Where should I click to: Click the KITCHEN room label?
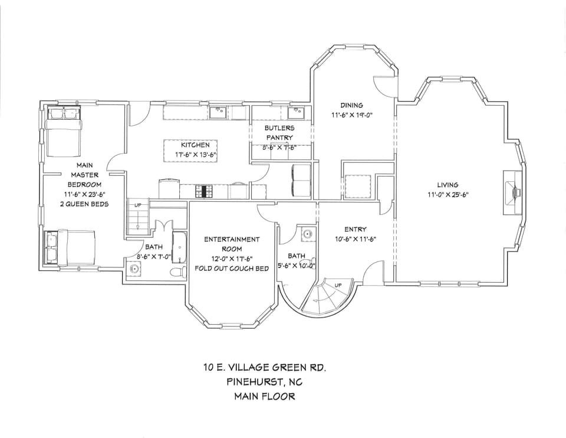click(195, 145)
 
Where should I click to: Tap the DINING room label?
click(351, 105)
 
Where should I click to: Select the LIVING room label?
click(447, 185)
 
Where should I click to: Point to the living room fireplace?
click(513, 192)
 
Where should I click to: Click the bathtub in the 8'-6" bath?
click(179, 249)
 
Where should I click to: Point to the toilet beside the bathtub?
click(175, 272)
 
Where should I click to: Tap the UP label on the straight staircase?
click(138, 205)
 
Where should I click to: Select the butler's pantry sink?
click(295, 112)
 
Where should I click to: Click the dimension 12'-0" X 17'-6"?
click(232, 259)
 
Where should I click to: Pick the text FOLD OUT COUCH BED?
click(232, 269)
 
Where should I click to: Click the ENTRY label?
click(356, 229)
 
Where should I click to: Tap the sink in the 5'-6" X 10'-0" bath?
click(307, 234)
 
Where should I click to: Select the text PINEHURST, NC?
click(265, 382)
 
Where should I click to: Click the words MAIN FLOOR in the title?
click(265, 396)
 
